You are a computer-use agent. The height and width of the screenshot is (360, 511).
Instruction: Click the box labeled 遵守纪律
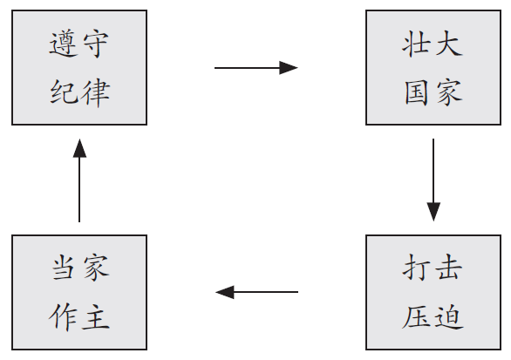79,67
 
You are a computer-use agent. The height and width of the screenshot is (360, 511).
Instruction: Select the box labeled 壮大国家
433,67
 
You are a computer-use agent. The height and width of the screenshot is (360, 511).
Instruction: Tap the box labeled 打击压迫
433,292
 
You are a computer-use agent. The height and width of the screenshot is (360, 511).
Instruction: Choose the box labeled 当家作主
79,292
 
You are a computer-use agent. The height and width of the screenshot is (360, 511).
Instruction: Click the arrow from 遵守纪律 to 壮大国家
256,68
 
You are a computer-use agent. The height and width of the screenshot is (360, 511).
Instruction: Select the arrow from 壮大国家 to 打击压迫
433,180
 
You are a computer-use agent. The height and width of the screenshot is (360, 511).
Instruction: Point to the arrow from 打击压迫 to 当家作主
256,292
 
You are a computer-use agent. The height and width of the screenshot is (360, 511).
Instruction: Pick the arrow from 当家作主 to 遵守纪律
79,180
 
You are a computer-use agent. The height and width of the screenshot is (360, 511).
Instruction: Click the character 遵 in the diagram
64,44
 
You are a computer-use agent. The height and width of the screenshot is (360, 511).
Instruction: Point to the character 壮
416,44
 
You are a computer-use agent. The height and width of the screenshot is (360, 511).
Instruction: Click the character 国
417,92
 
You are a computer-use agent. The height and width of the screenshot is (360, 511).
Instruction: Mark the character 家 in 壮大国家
450,93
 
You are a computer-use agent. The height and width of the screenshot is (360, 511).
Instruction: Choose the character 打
416,268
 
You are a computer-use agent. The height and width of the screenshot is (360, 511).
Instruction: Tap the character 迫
450,316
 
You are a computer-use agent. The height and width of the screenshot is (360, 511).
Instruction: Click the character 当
63,267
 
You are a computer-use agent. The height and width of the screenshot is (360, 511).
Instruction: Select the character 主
96,316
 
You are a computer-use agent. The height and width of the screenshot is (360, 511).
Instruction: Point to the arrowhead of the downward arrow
433,212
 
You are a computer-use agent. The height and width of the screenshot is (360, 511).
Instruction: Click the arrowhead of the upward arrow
79,148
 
